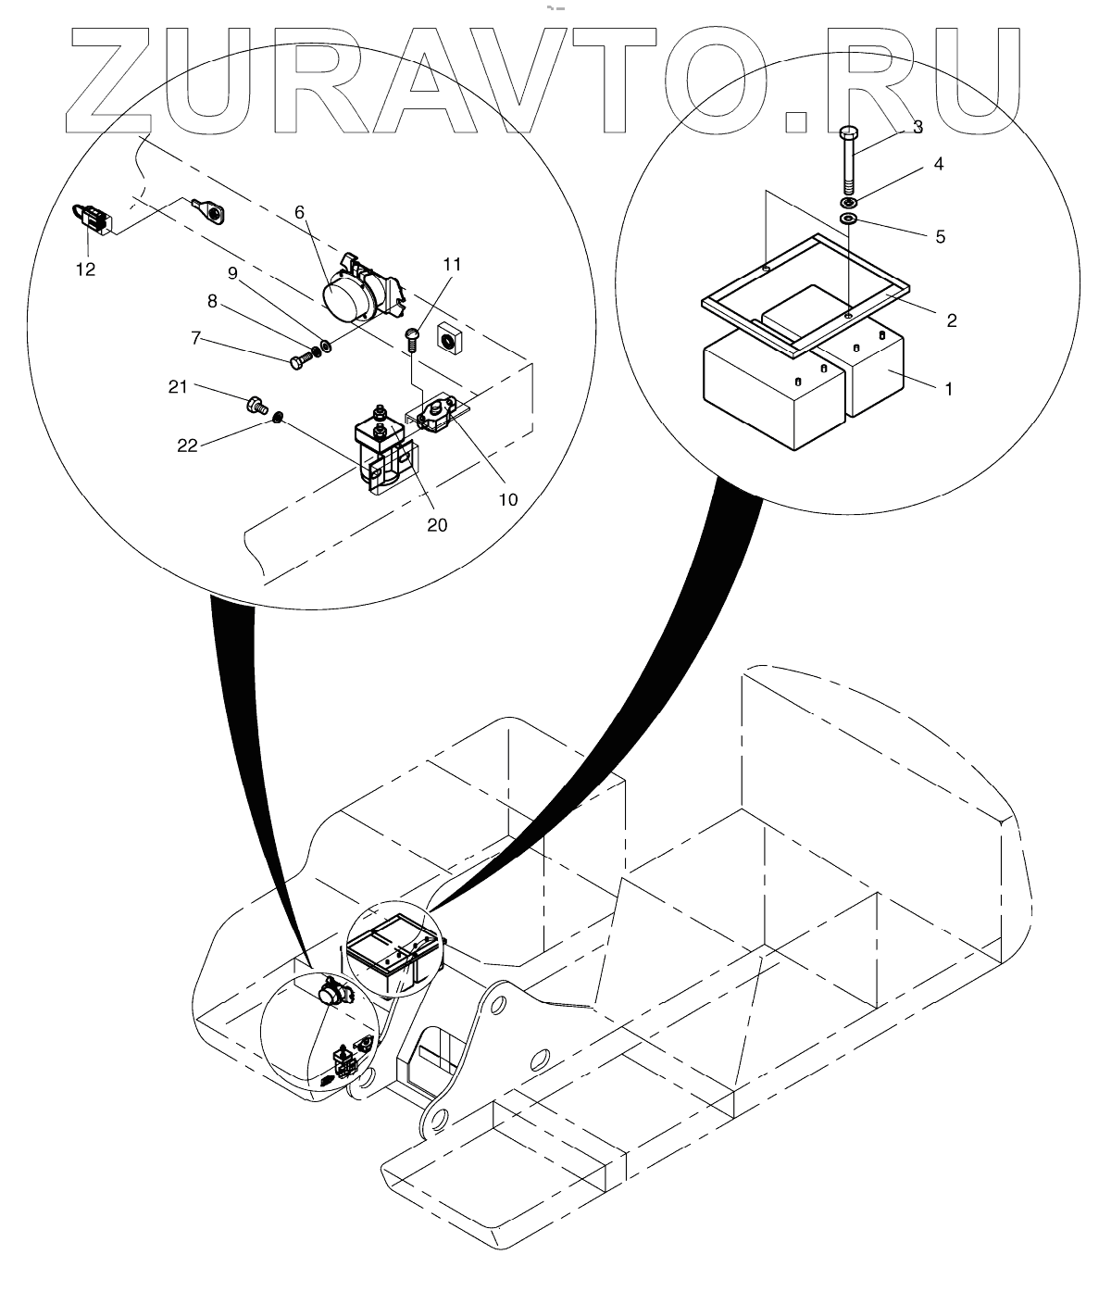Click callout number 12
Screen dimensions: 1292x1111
(85, 270)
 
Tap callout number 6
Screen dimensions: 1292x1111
(299, 212)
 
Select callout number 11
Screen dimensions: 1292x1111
(451, 264)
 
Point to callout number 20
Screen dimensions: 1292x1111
(436, 524)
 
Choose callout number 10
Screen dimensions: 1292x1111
(507, 498)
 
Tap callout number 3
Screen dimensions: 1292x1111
(918, 128)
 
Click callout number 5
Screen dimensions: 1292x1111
(940, 237)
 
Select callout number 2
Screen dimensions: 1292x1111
(951, 321)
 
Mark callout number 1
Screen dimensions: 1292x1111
(946, 389)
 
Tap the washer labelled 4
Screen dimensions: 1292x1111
(848, 202)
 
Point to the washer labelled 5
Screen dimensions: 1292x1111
(848, 219)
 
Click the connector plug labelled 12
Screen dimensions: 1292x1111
(91, 218)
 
